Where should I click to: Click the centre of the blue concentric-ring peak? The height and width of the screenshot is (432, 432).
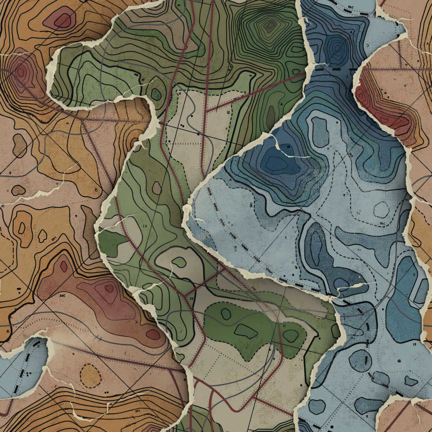[337, 49]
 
